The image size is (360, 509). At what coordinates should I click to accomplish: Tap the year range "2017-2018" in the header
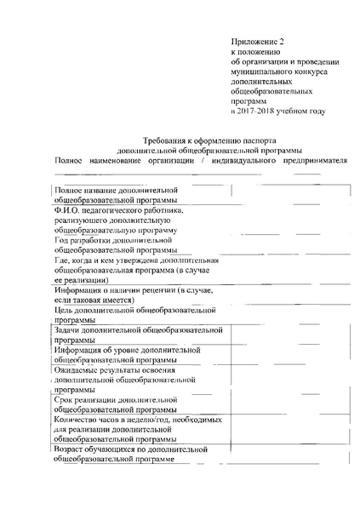pyautogui.click(x=258, y=112)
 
